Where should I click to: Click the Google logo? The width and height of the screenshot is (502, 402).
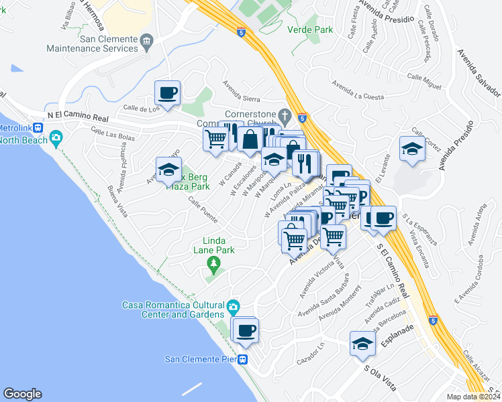coord(22,394)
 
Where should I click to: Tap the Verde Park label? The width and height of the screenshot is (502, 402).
coord(310,30)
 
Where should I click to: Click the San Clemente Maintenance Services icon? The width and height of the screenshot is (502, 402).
coord(146,44)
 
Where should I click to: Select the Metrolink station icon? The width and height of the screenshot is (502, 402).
coord(40,127)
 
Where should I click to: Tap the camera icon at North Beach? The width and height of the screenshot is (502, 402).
coord(56,139)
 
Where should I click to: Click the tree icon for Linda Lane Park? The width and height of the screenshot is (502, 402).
coord(214,263)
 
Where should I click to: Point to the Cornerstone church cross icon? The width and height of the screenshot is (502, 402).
coord(285,113)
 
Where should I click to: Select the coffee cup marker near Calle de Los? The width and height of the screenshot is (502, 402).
coord(167,92)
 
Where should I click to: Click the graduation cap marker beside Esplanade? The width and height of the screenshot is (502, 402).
coord(362,344)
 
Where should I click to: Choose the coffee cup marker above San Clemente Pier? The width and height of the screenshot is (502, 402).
coord(246,329)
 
